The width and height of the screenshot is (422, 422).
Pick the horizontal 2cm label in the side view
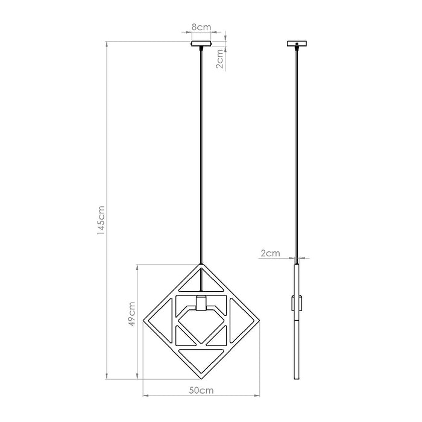pos(269,254)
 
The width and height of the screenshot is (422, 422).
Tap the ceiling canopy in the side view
pos(295,44)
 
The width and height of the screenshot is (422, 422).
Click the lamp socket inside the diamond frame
pos(201,303)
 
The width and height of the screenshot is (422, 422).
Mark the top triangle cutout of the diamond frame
pos(201,281)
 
